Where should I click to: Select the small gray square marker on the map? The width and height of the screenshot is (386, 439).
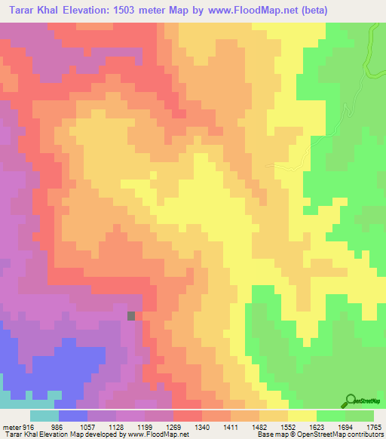point(132,316)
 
